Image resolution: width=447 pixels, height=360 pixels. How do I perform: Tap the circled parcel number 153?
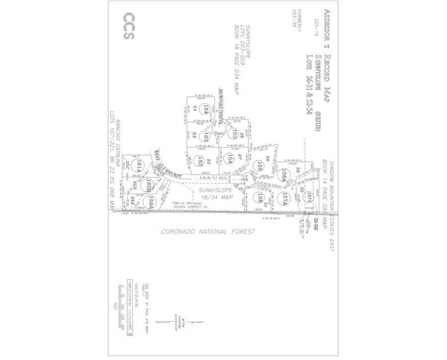pos(229,133)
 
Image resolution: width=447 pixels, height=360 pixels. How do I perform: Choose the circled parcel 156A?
pos(285,174)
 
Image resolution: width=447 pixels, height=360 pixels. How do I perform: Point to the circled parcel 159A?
pos(152,201)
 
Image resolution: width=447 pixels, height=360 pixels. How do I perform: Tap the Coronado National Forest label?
pos(208,231)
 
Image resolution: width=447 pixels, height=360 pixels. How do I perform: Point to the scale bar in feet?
pos(122,308)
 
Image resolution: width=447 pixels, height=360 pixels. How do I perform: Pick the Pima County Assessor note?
pos(176,323)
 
